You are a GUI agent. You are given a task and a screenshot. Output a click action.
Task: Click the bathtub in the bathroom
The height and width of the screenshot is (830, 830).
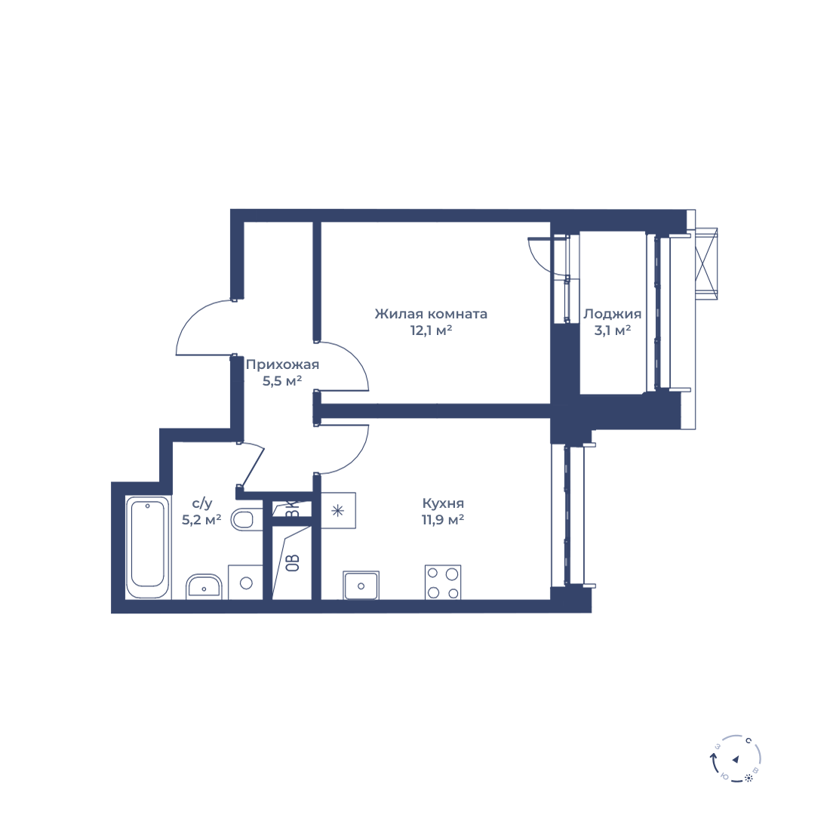pos(148,547)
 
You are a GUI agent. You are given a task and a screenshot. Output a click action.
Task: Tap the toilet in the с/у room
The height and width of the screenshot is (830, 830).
pos(246,519)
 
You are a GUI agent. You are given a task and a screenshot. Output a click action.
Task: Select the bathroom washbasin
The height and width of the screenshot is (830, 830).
pos(204,586)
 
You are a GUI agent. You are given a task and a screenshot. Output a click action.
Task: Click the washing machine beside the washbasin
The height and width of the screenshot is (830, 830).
pos(246,583)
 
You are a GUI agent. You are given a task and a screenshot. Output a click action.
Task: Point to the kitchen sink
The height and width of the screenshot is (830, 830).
pos(361,586)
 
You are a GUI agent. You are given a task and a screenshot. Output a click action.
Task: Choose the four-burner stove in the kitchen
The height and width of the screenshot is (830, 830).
pos(443,583)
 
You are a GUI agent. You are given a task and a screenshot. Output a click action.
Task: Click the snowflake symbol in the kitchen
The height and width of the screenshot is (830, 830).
pos(338,511)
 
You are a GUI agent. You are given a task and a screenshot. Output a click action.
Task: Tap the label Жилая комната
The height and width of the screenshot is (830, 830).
pos(431,314)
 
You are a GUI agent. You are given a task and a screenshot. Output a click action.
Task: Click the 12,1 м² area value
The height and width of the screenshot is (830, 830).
pos(431,330)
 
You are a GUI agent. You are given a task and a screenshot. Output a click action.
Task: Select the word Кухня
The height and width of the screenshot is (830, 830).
pos(443,503)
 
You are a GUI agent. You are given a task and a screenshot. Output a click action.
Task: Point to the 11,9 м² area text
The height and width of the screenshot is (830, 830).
pos(443,520)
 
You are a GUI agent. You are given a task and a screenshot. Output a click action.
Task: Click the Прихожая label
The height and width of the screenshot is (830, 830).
pos(283,364)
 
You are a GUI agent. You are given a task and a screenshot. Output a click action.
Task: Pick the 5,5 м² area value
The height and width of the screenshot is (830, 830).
pos(283,381)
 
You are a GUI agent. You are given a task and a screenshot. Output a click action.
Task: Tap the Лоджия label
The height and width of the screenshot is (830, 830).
pos(613,314)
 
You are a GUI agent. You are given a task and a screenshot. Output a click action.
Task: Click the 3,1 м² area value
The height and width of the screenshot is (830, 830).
pos(613,330)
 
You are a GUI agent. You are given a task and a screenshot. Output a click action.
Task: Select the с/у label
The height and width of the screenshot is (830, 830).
pos(201,503)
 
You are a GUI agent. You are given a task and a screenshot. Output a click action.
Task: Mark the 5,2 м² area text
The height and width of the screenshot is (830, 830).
pos(201,520)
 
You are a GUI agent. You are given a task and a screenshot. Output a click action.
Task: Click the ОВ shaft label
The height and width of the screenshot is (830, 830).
pos(293,563)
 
